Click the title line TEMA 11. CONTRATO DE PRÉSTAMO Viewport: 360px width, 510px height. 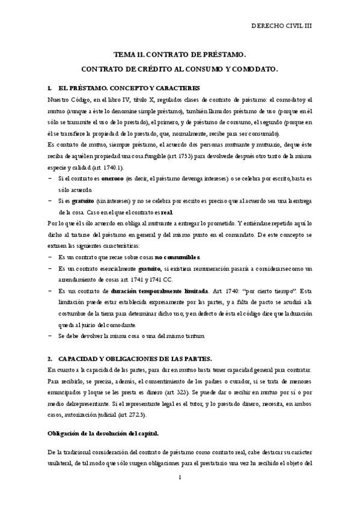tap(180, 54)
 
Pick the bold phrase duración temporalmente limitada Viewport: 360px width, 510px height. tap(163, 290)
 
